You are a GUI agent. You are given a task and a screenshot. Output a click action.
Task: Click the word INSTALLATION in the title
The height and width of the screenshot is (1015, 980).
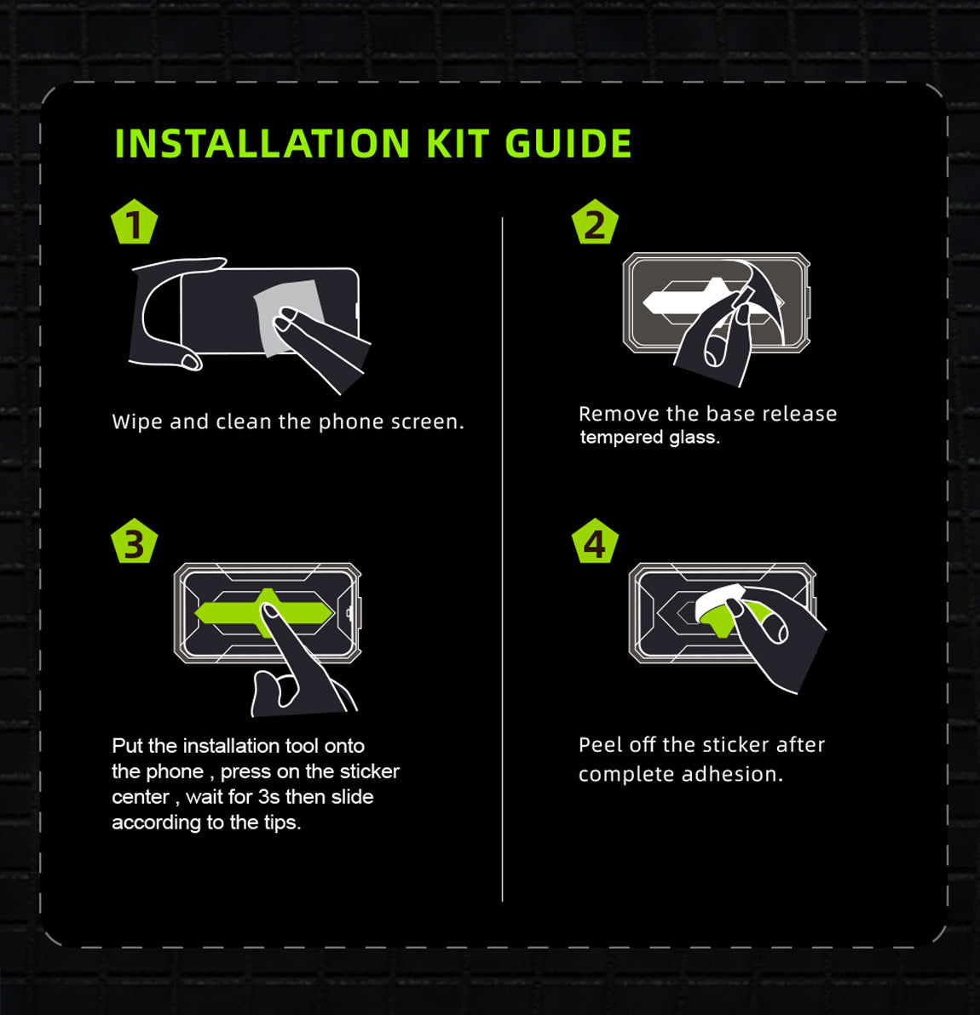click(x=262, y=143)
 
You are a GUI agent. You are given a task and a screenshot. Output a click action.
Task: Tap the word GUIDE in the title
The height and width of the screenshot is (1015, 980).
click(x=568, y=143)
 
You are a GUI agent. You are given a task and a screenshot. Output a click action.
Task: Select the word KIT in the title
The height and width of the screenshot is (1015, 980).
click(x=457, y=143)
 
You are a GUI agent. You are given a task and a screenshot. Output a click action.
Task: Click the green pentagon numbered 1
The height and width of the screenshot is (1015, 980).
click(x=134, y=222)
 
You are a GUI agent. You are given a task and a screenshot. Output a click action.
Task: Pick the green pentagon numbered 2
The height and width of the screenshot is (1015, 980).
click(x=595, y=222)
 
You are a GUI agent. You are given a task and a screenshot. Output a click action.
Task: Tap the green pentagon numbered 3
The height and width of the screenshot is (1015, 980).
click(x=134, y=542)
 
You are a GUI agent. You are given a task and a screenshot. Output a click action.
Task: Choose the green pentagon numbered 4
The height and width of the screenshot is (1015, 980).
click(x=595, y=542)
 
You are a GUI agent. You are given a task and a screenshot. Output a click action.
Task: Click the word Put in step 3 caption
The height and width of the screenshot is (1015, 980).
click(x=127, y=746)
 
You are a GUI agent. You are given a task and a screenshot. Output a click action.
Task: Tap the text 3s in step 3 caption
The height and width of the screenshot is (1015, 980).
click(x=268, y=797)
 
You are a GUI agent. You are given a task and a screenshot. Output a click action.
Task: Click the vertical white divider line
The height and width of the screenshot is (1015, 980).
click(x=502, y=559)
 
